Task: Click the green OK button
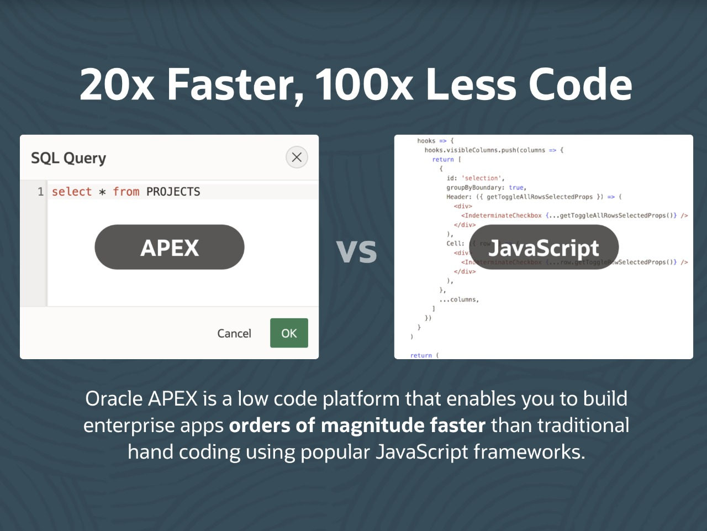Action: [x=289, y=333]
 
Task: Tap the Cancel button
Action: [x=234, y=333]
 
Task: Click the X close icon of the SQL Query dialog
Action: [x=297, y=157]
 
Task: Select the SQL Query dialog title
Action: [x=68, y=158]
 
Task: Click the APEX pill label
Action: [x=170, y=248]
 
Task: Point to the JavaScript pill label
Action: [x=544, y=248]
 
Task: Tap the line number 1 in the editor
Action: [x=40, y=192]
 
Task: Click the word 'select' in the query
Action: [x=72, y=192]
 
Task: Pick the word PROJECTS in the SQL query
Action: [x=173, y=192]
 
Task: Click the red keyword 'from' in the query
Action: [x=126, y=192]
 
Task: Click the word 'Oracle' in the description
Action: [x=114, y=399]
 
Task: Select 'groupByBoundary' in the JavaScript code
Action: [x=472, y=187]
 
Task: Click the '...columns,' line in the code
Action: [x=459, y=299]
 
